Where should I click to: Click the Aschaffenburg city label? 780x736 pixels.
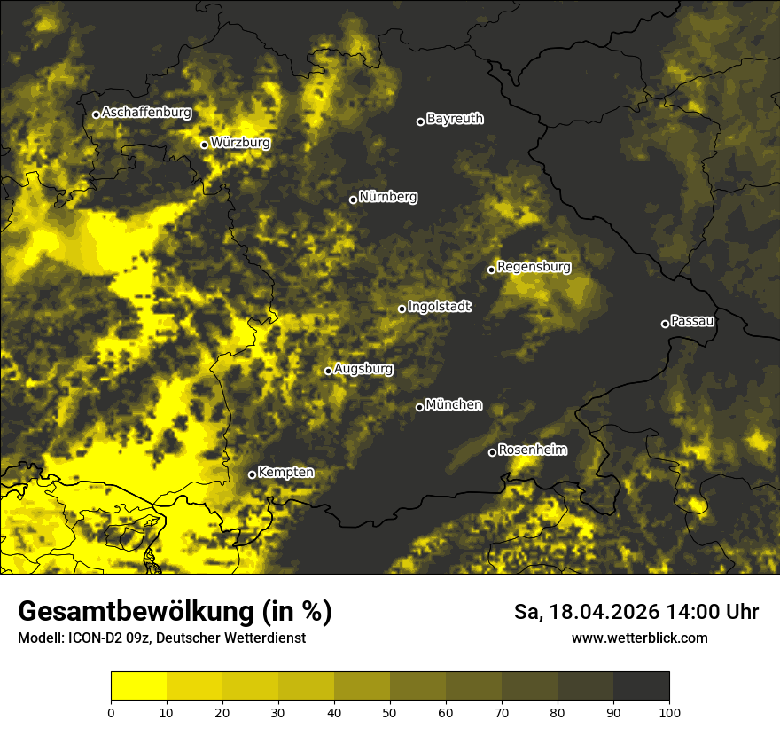click(146, 113)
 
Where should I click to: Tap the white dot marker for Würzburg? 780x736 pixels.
click(204, 145)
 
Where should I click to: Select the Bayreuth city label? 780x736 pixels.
click(455, 118)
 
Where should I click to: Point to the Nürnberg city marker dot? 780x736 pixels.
click(353, 200)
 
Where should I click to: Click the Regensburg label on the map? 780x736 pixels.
click(534, 266)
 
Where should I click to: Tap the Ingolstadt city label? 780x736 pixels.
click(439, 306)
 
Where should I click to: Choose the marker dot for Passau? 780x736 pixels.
click(665, 324)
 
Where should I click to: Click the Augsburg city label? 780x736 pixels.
click(363, 368)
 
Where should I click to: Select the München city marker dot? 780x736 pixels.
click(419, 407)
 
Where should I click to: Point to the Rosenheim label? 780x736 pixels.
click(532, 450)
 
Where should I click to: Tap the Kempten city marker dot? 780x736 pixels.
click(252, 474)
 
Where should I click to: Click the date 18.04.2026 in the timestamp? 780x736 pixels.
click(603, 612)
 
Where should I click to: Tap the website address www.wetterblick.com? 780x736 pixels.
click(640, 638)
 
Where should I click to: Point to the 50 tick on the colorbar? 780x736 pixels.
click(390, 711)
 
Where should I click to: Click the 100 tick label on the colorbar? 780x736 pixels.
click(668, 711)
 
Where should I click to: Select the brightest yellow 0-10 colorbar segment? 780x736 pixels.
click(138, 686)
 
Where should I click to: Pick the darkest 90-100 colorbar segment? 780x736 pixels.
click(641, 686)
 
